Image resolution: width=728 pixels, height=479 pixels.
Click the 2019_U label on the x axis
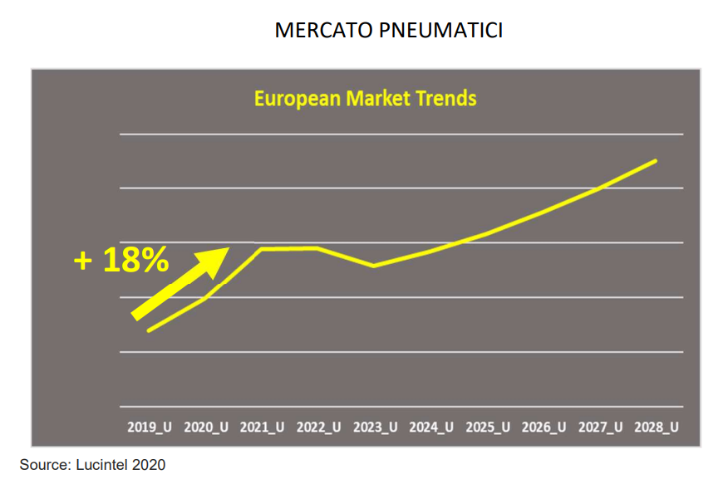click(x=149, y=428)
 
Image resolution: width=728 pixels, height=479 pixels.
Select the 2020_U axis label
click(x=205, y=428)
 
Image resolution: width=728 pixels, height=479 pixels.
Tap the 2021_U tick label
click(x=262, y=428)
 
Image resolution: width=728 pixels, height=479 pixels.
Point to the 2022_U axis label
click(x=318, y=428)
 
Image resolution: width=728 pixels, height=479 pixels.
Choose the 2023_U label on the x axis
click(x=375, y=428)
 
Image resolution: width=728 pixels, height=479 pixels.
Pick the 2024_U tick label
click(x=431, y=428)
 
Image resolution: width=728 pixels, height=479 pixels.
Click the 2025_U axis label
click(x=488, y=428)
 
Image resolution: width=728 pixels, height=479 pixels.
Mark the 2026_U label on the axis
click(x=544, y=428)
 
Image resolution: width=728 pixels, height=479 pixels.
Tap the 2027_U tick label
click(x=600, y=428)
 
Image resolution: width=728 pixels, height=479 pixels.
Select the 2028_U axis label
click(x=657, y=428)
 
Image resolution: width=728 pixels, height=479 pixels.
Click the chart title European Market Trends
click(x=365, y=99)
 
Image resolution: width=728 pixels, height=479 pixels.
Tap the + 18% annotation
click(x=121, y=261)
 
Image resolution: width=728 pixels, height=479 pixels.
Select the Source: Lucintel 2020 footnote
click(x=92, y=465)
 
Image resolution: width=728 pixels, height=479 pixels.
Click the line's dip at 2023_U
click(x=374, y=266)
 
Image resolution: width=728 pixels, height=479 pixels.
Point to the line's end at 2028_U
click(x=657, y=160)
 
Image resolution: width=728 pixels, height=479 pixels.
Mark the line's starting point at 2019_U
click(x=149, y=330)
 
